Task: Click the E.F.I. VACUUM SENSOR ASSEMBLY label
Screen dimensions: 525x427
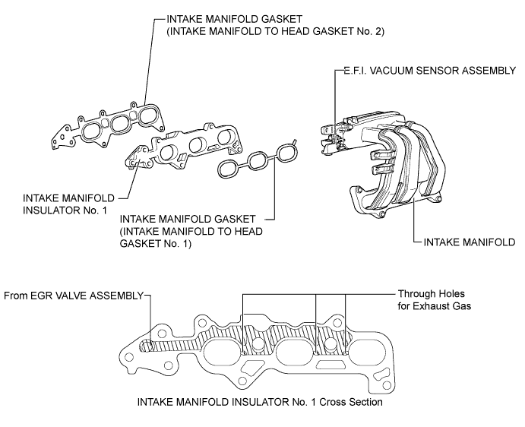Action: (x=430, y=71)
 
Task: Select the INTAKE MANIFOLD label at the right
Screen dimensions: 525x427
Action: (x=470, y=242)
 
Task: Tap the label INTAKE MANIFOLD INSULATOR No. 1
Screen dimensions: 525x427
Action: (x=68, y=204)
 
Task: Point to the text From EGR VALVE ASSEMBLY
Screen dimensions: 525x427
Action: (x=74, y=296)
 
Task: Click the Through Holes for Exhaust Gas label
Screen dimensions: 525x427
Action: (x=435, y=300)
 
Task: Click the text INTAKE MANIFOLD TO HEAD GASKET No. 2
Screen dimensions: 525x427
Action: (x=276, y=31)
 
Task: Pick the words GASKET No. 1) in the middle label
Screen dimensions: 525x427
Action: (x=156, y=243)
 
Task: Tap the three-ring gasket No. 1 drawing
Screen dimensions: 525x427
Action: (x=258, y=160)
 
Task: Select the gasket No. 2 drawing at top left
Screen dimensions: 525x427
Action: (x=108, y=126)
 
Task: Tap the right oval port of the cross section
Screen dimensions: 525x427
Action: (x=366, y=352)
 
